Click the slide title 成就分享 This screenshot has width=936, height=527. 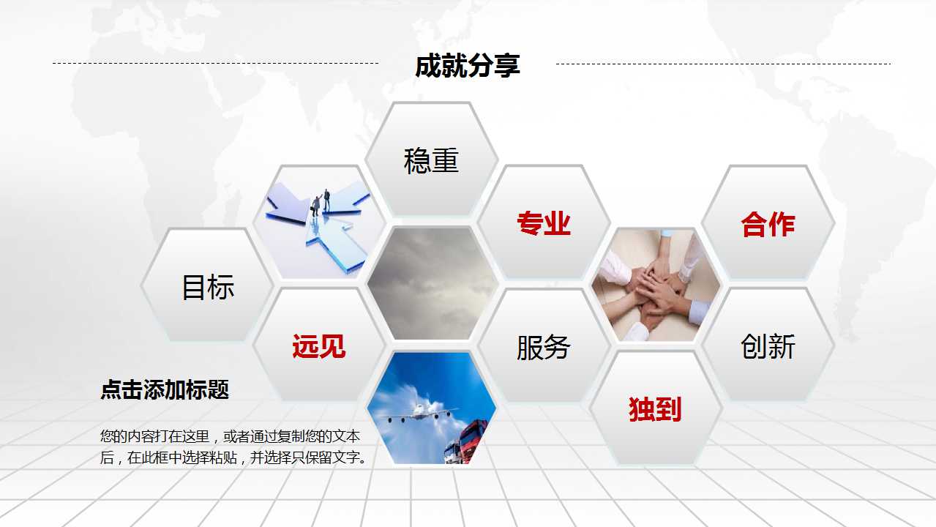click(467, 66)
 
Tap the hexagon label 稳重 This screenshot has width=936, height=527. click(431, 160)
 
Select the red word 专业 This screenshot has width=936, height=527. click(543, 223)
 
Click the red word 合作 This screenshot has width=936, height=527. click(768, 224)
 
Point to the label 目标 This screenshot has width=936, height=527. click(208, 287)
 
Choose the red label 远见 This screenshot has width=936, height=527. click(318, 345)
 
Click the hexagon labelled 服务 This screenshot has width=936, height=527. click(543, 347)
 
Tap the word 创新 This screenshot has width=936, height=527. click(768, 346)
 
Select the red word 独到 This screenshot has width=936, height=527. click(655, 409)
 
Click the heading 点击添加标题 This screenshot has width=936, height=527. click(165, 390)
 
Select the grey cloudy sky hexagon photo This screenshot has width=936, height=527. click(431, 284)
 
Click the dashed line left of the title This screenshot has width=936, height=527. click(215, 64)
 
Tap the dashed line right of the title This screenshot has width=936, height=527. click(723, 64)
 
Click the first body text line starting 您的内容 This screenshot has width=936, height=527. click(230, 437)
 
